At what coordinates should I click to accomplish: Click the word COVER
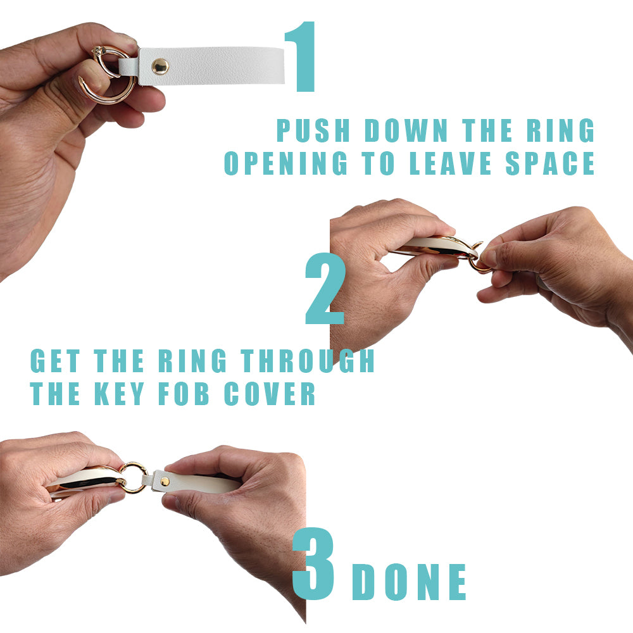coord(270,394)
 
